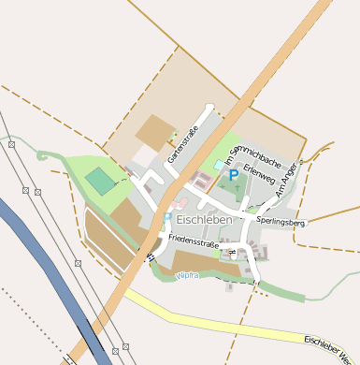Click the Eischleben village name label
(204, 219)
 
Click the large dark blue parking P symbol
(233, 175)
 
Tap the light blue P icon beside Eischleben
(167, 218)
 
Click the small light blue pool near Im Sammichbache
(219, 165)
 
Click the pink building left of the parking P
(202, 178)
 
